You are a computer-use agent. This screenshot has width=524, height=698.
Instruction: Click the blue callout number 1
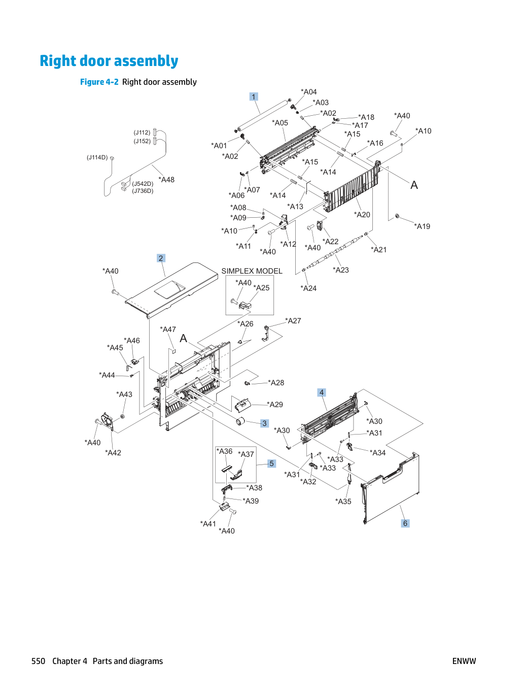pos(253,96)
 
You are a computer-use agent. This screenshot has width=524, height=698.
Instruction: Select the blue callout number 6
pos(405,523)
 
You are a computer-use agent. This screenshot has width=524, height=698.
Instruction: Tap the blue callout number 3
pos(264,423)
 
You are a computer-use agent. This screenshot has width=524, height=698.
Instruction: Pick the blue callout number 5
pos(271,463)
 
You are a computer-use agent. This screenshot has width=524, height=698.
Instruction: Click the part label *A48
pos(166,180)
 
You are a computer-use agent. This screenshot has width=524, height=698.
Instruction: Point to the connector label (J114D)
pos(97,157)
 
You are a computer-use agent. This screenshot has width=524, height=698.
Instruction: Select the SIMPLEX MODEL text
pos(252,271)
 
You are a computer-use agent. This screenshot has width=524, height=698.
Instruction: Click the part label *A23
pos(341,270)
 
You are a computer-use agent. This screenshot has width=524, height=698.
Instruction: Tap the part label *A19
pos(422,226)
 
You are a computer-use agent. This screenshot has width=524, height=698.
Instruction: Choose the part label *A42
pos(113,452)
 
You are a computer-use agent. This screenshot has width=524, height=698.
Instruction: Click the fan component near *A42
pos(107,422)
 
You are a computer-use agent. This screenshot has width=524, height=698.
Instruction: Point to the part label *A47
pos(168,329)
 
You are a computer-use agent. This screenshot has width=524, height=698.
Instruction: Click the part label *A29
pos(275,405)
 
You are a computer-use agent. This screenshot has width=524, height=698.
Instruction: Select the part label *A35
pos(343,502)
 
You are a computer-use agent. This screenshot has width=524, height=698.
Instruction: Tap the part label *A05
pos(280,123)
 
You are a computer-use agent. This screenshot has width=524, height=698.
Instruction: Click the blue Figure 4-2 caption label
pos(99,82)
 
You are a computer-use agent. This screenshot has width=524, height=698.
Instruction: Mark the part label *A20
pos(362,215)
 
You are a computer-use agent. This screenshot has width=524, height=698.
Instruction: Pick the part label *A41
pos(208,524)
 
